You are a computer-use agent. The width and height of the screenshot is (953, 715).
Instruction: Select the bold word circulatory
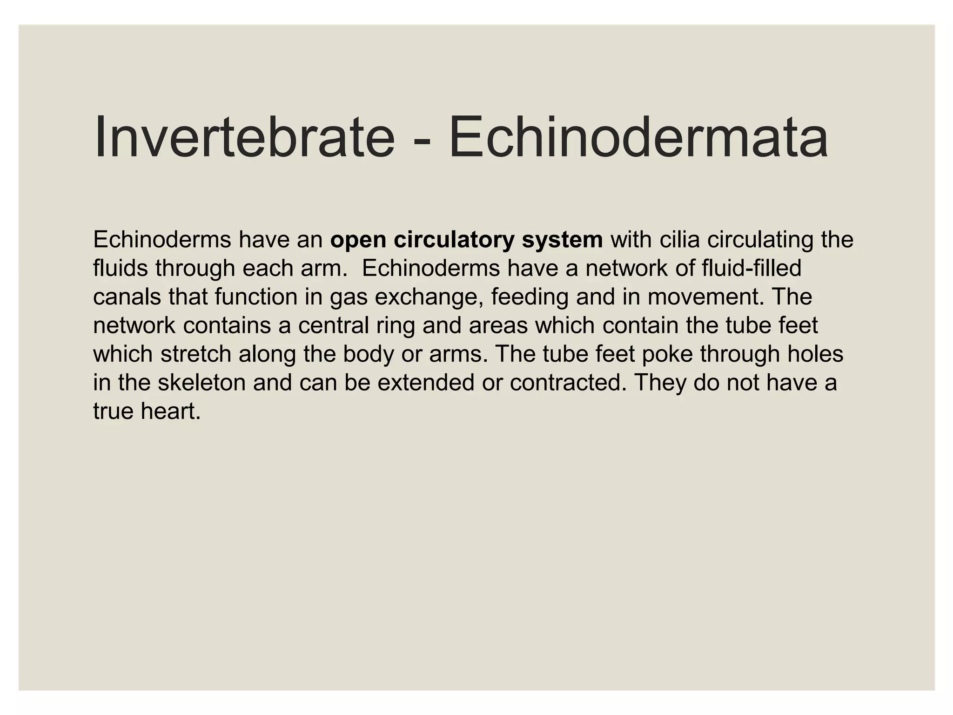(454, 240)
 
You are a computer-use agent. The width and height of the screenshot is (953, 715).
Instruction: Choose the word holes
(815, 354)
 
